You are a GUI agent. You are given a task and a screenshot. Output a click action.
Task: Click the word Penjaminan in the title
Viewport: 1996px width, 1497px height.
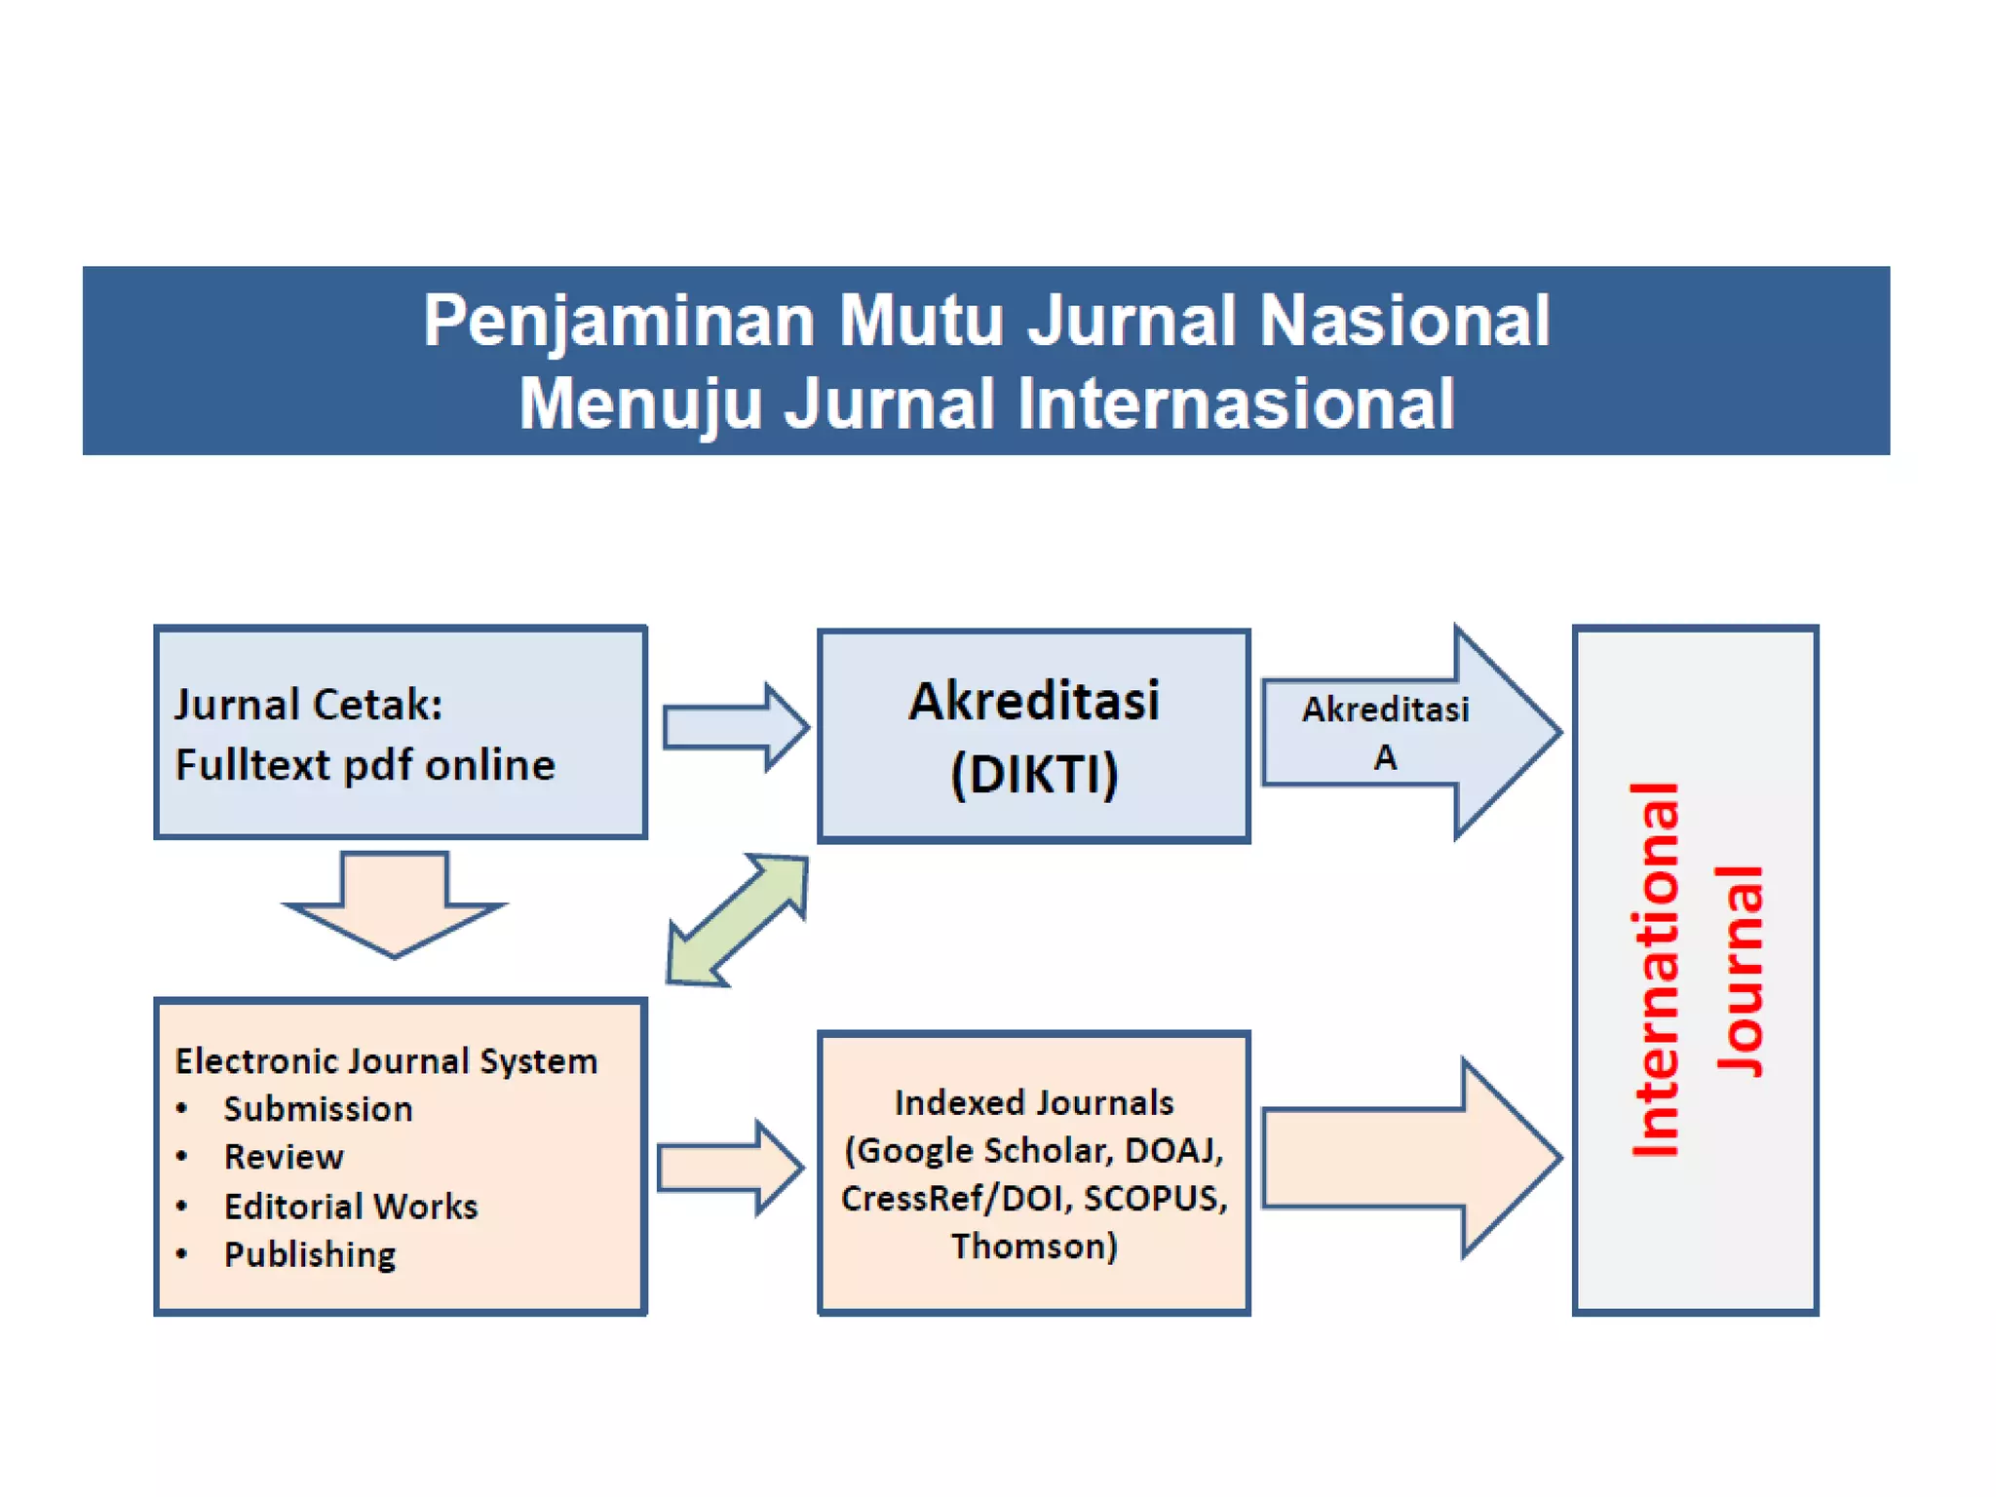click(x=618, y=322)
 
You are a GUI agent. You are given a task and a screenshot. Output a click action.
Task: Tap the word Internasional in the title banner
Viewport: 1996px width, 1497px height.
click(x=1236, y=403)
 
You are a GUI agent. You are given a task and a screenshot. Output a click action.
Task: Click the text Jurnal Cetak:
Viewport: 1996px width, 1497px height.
click(x=308, y=704)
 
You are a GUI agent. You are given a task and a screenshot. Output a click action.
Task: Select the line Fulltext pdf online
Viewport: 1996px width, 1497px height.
click(x=365, y=765)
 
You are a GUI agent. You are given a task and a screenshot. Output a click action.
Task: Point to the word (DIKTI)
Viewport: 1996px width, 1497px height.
click(x=1033, y=775)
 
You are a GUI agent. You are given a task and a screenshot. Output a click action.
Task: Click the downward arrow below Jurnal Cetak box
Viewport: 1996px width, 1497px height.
click(x=395, y=902)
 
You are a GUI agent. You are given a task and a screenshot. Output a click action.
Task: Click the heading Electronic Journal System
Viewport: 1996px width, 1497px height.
click(x=386, y=1060)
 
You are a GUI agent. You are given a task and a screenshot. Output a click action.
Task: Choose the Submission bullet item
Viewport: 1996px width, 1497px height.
click(x=318, y=1109)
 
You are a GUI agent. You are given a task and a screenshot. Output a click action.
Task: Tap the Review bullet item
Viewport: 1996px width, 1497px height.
click(x=284, y=1157)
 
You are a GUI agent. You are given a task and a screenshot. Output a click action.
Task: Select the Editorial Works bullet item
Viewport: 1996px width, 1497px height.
click(x=351, y=1207)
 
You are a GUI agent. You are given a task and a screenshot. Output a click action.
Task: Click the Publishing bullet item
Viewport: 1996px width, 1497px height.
click(x=310, y=1254)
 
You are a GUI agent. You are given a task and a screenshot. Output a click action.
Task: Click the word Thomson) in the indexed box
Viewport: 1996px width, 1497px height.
click(x=1033, y=1247)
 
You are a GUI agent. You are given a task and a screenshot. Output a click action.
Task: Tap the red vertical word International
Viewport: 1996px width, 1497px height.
click(x=1655, y=970)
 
